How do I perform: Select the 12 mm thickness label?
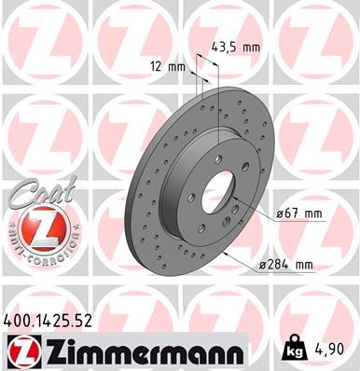(169, 66)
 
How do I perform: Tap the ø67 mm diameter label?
(298, 215)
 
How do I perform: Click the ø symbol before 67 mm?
(280, 215)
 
